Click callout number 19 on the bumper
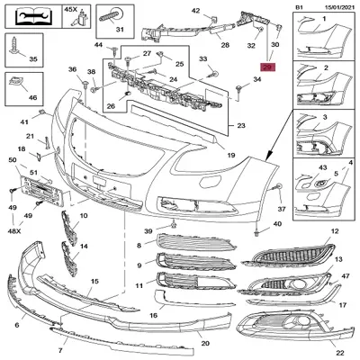point(230,156)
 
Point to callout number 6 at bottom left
point(17,325)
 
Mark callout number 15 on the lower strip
point(94,282)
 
